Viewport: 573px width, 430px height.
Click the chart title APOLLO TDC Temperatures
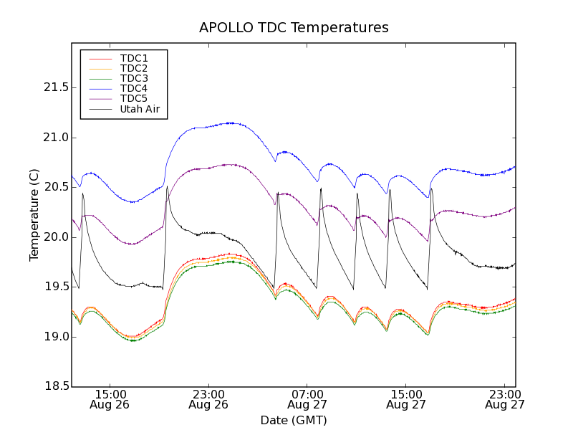(294, 28)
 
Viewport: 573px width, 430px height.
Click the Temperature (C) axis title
(34, 215)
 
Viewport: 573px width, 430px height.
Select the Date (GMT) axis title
(294, 420)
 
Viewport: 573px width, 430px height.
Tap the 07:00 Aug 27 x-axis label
(307, 399)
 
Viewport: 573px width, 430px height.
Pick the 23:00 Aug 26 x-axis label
(208, 399)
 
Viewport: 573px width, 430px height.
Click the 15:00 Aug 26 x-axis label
(110, 399)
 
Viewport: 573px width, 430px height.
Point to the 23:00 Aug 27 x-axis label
(505, 399)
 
